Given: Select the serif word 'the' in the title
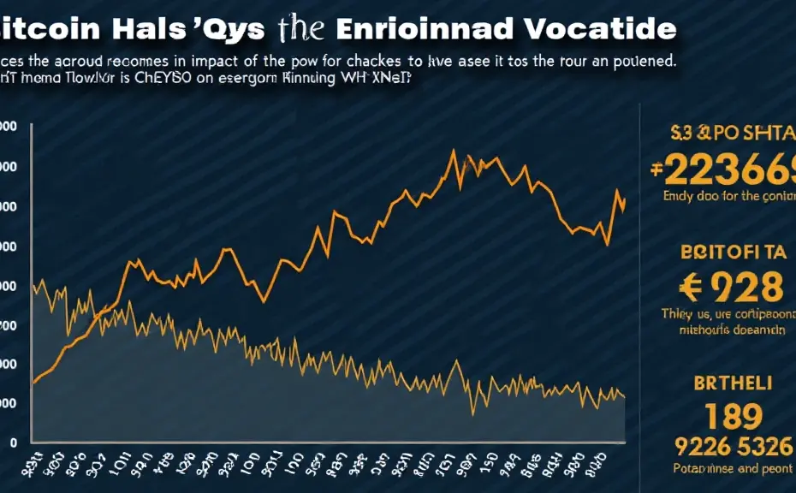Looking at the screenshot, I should point(300,28).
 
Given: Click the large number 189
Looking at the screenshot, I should point(721,417).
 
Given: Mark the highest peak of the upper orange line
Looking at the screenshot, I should point(452,151).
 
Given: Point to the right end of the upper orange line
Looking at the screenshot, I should point(625,199).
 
